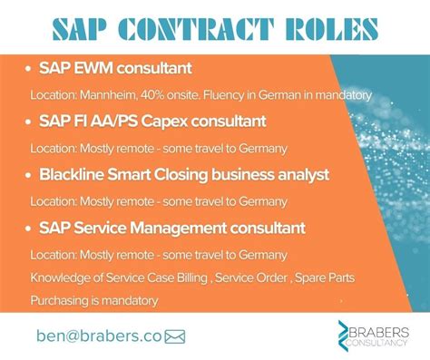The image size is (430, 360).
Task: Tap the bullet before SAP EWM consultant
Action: click(30, 68)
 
